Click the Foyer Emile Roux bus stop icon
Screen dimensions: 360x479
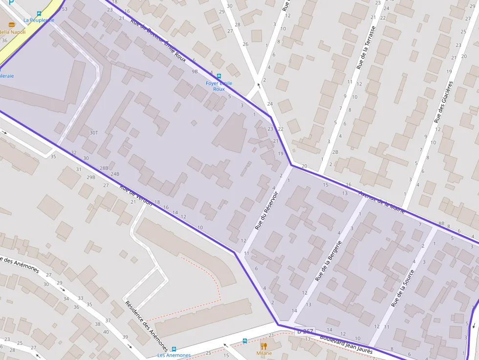coord(218,76)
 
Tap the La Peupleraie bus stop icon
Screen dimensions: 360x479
coord(39,14)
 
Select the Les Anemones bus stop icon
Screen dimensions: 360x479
coord(174,349)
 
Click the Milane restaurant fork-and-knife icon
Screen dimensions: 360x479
coord(264,346)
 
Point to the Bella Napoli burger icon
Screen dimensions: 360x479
coord(12,24)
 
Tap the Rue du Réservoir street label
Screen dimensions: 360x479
coord(266,211)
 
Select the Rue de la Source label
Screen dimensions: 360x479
coord(403,289)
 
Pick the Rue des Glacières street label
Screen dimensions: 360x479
coord(443,102)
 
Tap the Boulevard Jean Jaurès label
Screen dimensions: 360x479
coord(346,344)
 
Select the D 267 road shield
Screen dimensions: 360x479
coord(305,332)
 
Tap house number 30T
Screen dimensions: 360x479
coord(94,132)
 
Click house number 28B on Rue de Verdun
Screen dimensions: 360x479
coord(104,168)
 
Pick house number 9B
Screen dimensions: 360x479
coord(195,71)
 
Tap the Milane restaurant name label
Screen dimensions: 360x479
coord(264,353)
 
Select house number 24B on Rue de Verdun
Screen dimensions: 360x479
coord(115,174)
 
